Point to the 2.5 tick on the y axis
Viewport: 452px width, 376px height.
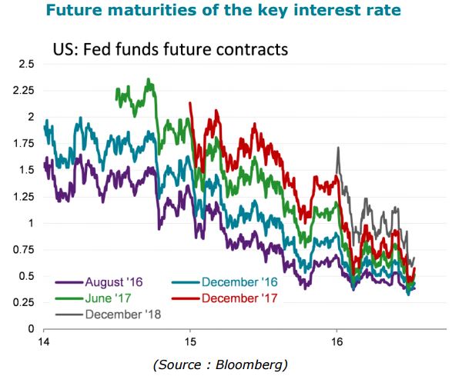click(x=26, y=64)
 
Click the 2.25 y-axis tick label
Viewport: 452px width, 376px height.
click(x=24, y=91)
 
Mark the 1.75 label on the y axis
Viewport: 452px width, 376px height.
click(x=24, y=143)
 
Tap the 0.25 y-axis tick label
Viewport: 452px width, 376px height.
click(x=24, y=302)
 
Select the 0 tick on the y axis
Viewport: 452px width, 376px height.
click(x=31, y=329)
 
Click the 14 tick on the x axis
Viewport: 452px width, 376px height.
click(x=44, y=341)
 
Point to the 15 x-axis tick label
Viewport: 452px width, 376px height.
click(x=190, y=341)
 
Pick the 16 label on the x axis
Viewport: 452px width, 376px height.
click(x=336, y=341)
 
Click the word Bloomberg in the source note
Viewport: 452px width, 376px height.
click(x=251, y=364)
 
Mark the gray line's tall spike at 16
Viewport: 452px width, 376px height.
click(x=338, y=148)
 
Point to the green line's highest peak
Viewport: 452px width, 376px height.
click(x=149, y=78)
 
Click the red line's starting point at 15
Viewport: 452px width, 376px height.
click(x=189, y=102)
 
